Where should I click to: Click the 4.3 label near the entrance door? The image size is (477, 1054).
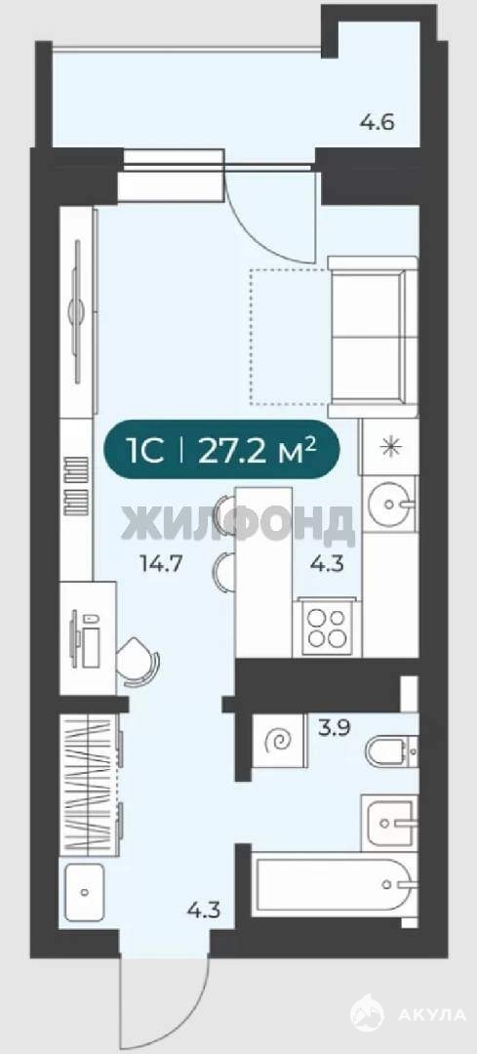[x=204, y=912]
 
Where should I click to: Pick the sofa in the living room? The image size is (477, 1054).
[x=367, y=336]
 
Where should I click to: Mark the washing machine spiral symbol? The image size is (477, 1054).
[x=279, y=741]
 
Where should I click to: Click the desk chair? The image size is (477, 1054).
[x=139, y=662]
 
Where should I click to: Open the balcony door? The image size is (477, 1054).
[x=269, y=215]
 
